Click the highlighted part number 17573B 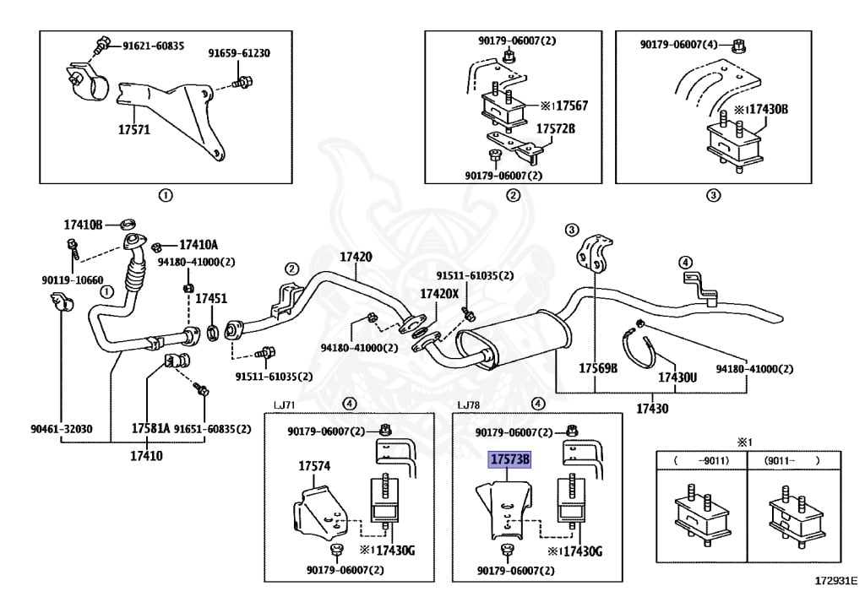tap(509, 460)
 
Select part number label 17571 tap(133, 131)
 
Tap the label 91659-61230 tap(239, 53)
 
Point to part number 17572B tap(555, 129)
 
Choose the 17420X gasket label tap(440, 294)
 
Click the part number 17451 tap(211, 299)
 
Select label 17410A tap(198, 245)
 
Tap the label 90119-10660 tap(72, 280)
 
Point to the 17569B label tap(598, 369)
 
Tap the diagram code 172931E tap(835, 582)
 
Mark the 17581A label tap(150, 428)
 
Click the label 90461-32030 tap(61, 428)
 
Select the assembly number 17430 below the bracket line tap(652, 409)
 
